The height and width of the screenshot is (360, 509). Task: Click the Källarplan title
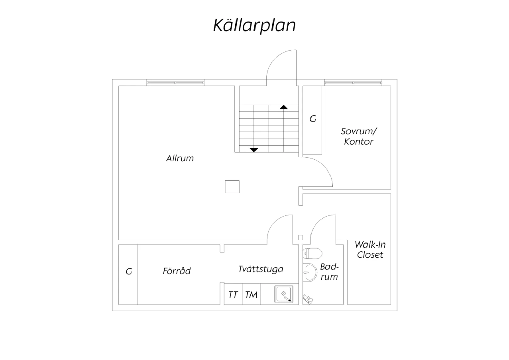(x=254, y=25)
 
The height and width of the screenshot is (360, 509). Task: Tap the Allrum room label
(x=180, y=158)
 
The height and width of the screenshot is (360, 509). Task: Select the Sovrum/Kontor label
(x=359, y=137)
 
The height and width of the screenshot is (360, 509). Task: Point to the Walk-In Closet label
(x=370, y=250)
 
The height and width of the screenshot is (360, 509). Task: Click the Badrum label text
(x=329, y=272)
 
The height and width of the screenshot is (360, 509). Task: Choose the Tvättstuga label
(x=261, y=269)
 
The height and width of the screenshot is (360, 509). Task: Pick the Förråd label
(x=176, y=271)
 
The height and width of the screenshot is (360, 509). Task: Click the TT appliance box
(x=233, y=294)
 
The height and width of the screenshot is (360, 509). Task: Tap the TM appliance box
(x=251, y=294)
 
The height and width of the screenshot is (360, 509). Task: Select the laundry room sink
(x=284, y=294)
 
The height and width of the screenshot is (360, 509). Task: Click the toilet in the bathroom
(x=313, y=253)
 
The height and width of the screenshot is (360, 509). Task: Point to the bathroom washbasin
(x=310, y=272)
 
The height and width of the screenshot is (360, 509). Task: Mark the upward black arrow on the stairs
(x=284, y=107)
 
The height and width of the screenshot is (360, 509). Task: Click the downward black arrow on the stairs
(x=254, y=150)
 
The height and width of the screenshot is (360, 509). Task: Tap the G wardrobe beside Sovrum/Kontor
(x=313, y=120)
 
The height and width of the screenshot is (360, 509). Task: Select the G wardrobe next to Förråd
(x=128, y=274)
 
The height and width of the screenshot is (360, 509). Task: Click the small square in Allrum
(x=232, y=187)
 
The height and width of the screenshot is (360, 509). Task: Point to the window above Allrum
(x=175, y=83)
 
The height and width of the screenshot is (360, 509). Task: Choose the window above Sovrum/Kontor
(x=353, y=83)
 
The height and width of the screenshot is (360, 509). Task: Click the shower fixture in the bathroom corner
(x=307, y=299)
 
